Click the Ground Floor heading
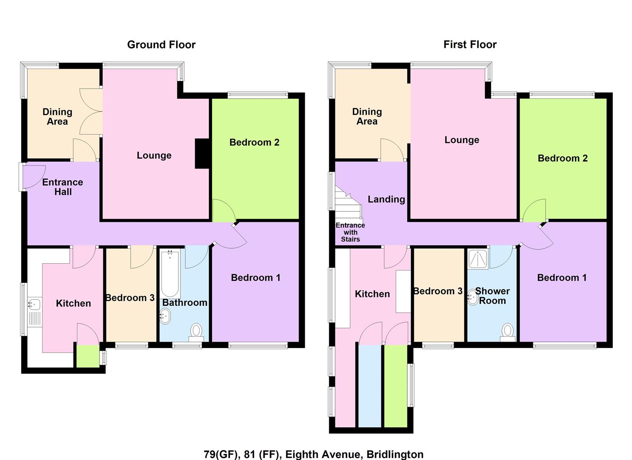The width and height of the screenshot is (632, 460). pos(161,45)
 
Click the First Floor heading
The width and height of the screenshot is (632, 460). pos(470,45)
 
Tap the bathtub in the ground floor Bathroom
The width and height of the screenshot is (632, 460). pos(170,274)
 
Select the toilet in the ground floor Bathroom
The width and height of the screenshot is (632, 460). pos(196,332)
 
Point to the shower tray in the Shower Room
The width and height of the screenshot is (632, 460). pos(478,259)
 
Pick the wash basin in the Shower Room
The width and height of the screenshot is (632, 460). pos(472,297)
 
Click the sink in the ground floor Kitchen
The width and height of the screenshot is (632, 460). pos(34,304)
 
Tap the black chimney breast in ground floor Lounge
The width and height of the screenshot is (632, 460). pos(202,154)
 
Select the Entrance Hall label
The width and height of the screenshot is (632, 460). pos(63,187)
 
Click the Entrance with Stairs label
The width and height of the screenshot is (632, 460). pos(350,232)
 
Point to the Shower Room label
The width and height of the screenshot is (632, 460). pos(492,296)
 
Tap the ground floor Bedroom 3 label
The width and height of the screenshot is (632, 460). pos(130,298)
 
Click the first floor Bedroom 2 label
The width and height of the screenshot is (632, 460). pos(562,158)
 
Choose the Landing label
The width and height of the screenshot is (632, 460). pos(386,199)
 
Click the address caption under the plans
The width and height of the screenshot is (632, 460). pos(313,454)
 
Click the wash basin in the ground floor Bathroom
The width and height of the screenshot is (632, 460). pos(165,316)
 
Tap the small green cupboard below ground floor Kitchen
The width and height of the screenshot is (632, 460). pos(87,356)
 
